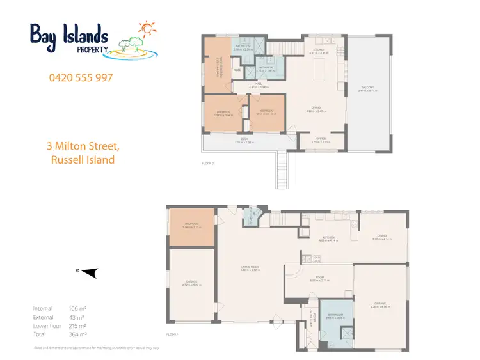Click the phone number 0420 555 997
click(81, 78)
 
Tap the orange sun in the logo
click(147, 28)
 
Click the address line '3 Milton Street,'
click(83, 146)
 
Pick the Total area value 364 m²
click(77, 334)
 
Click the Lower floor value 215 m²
click(77, 325)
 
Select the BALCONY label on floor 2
click(366, 87)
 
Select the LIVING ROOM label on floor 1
click(249, 269)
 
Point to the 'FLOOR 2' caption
click(208, 164)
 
